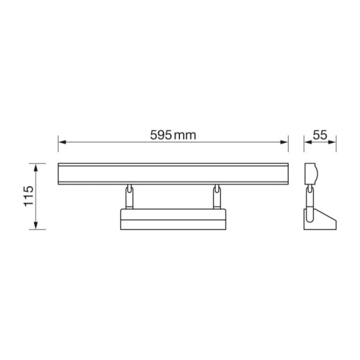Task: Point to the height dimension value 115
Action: click(28, 196)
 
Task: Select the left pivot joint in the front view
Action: click(129, 196)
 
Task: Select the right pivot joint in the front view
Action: click(217, 196)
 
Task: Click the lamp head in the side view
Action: click(312, 174)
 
